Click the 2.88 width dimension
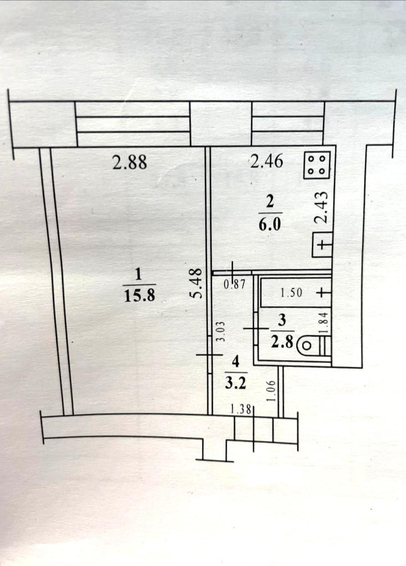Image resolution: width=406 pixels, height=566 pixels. click(129, 162)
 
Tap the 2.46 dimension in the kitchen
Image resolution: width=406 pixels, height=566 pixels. click(267, 161)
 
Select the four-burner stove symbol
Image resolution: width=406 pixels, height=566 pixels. click(317, 165)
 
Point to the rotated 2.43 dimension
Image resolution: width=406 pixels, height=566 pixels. click(321, 207)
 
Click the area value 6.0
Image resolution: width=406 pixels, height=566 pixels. click(270, 224)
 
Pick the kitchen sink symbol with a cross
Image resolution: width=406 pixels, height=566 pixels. click(322, 245)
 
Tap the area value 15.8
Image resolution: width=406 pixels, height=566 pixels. click(139, 295)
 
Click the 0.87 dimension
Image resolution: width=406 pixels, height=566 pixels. click(235, 285)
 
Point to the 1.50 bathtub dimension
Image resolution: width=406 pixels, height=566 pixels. click(291, 293)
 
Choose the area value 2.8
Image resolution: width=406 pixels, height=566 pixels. click(282, 343)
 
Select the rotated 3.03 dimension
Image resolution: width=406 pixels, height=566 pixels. click(221, 332)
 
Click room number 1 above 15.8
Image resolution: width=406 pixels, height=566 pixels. click(138, 274)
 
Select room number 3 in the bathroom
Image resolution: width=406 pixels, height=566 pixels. click(282, 320)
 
